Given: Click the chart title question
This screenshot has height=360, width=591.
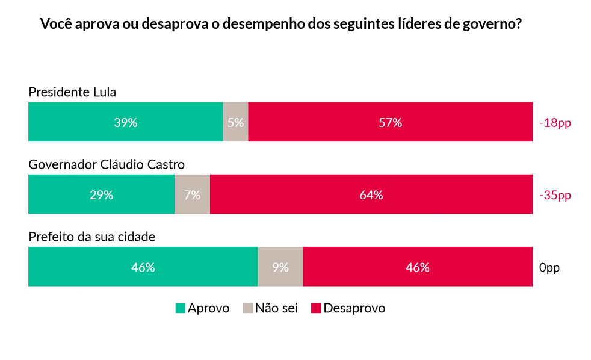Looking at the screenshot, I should [x=280, y=25].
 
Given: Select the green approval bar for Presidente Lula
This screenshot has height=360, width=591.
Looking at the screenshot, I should [x=126, y=122].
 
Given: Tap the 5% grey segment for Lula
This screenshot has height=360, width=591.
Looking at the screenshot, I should [x=235, y=122].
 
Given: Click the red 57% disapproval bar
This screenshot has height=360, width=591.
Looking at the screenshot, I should [x=390, y=122].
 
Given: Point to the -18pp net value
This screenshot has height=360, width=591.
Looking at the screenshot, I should [x=555, y=123].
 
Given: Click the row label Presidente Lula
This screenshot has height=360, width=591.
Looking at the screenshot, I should [x=72, y=92].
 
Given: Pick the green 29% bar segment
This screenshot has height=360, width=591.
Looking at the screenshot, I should [x=101, y=194].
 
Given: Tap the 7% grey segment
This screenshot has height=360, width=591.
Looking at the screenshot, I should [x=192, y=194].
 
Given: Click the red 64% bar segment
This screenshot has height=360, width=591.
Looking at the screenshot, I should [x=371, y=194].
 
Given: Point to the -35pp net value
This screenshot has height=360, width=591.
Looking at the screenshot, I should [x=555, y=195].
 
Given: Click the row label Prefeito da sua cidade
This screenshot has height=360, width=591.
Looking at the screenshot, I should [x=92, y=237].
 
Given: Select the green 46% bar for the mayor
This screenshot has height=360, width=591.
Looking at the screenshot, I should [x=143, y=267].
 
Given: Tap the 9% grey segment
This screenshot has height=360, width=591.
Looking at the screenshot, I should [x=280, y=267].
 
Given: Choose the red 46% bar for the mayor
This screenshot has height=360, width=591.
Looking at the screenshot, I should [x=418, y=267].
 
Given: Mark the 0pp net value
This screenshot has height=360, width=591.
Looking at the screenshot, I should [x=549, y=267].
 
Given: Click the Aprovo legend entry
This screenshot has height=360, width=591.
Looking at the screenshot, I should [x=202, y=308].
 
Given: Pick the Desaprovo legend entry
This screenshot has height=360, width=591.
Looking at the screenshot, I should [x=348, y=308].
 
